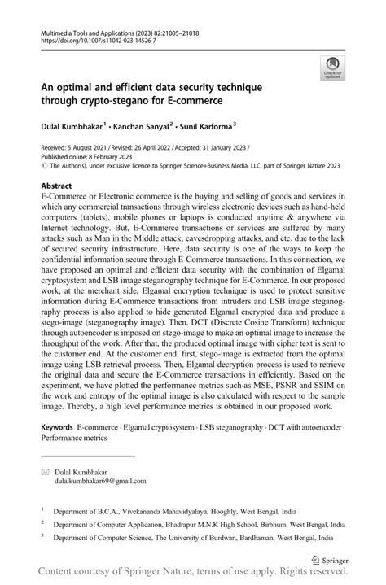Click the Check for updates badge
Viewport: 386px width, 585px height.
click(x=332, y=68)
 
